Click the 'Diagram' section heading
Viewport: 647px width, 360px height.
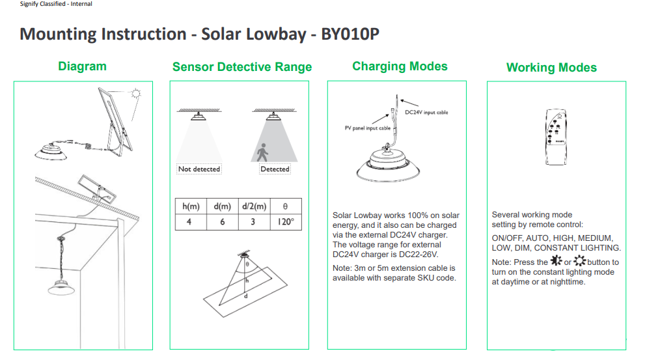(82, 66)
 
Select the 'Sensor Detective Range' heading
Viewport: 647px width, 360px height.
(241, 67)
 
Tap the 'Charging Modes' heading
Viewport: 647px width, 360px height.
(400, 66)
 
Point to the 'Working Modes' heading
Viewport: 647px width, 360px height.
(551, 68)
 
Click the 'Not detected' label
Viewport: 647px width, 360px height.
(199, 169)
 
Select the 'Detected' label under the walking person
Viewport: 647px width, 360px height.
(275, 169)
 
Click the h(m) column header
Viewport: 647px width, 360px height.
(191, 206)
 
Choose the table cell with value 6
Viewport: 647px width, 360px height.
(223, 222)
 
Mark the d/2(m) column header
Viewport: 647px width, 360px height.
(255, 206)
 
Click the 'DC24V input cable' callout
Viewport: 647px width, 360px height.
(426, 113)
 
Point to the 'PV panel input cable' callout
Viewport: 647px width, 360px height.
(367, 128)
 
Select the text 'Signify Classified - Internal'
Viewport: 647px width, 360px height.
(56, 4)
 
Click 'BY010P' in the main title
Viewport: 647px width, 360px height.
(350, 35)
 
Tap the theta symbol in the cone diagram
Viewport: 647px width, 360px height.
(247, 264)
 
